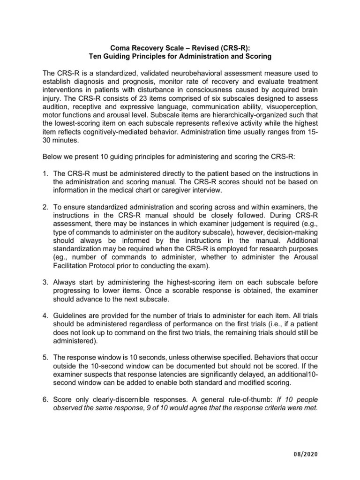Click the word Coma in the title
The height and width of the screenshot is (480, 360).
120,48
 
